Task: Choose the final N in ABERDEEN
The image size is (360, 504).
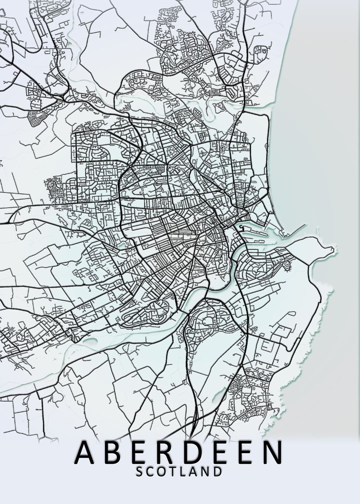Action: pyautogui.click(x=269, y=452)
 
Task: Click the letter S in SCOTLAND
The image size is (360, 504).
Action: pyautogui.click(x=140, y=472)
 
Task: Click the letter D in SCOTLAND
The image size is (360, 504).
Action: pyautogui.click(x=217, y=472)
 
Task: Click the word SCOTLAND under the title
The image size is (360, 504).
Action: pyautogui.click(x=179, y=472)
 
